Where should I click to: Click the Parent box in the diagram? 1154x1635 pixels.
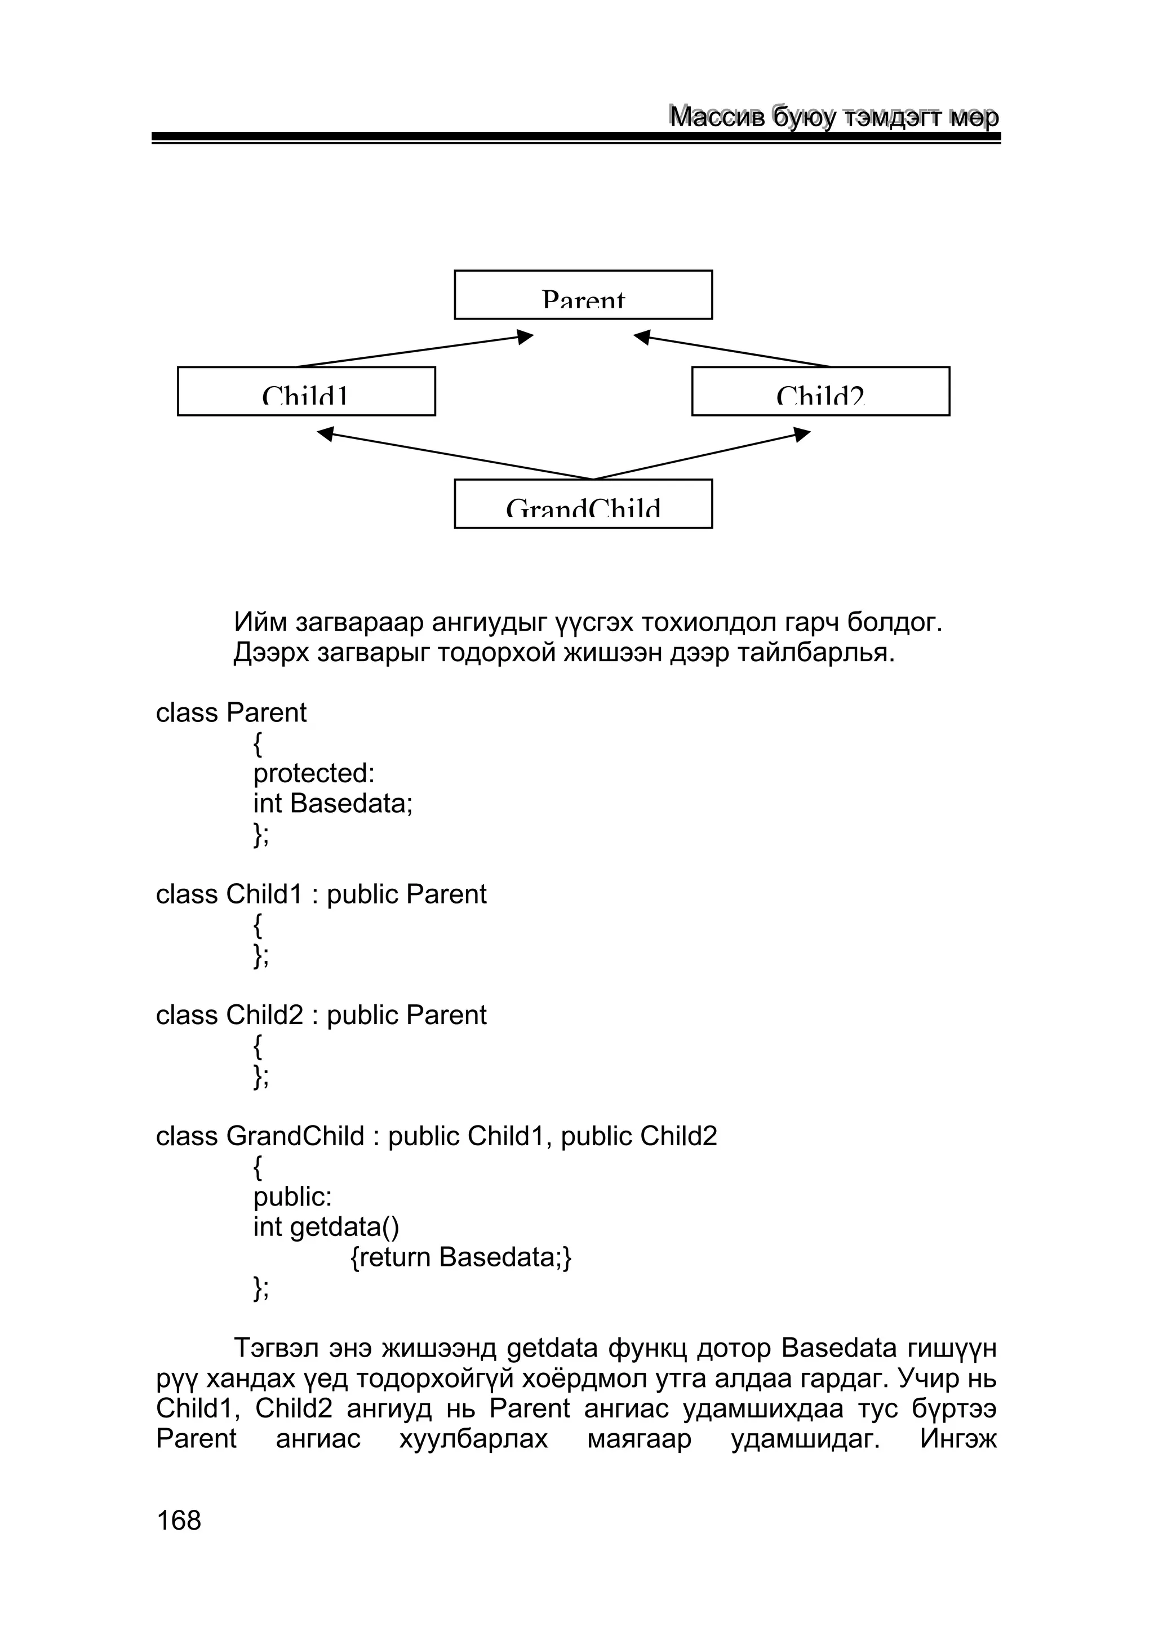583,295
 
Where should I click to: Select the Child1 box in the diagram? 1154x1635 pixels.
306,391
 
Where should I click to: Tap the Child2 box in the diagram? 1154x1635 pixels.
820,391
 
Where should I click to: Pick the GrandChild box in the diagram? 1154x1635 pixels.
583,503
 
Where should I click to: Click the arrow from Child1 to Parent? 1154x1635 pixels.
413,351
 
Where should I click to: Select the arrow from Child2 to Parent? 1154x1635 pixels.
733,351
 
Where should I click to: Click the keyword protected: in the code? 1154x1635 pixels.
314,773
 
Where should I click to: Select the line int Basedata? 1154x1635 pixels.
333,803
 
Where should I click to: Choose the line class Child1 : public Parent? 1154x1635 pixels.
321,894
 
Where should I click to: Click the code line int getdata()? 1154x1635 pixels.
326,1227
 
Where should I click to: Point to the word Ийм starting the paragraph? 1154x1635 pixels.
260,622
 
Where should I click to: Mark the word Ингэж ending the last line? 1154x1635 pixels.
958,1439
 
